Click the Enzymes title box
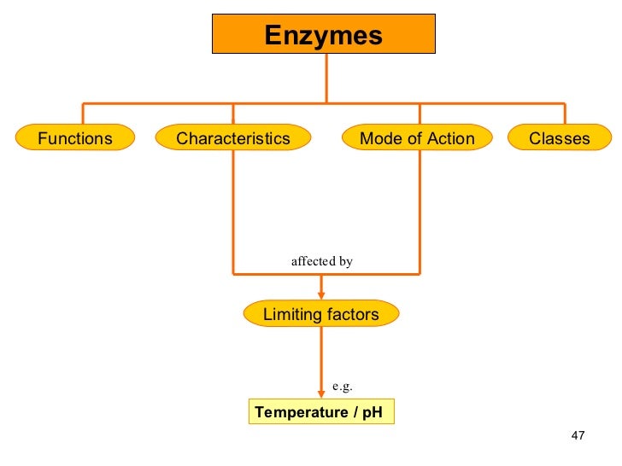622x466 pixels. coord(324,35)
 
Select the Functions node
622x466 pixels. coord(75,138)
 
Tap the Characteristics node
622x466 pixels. coord(233,138)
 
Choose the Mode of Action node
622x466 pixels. coord(418,138)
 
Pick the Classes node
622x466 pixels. coord(560,138)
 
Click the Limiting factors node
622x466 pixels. coord(321,314)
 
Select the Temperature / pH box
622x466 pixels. coord(321,413)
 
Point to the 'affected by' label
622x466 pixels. coord(321,261)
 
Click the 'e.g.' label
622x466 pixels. coord(342,386)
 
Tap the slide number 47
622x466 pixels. coord(578,437)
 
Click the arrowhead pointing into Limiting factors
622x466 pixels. coord(321,295)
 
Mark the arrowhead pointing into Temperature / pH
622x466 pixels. coord(321,393)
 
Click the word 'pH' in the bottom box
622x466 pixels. coord(372,413)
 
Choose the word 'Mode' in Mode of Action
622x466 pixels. coord(378,138)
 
